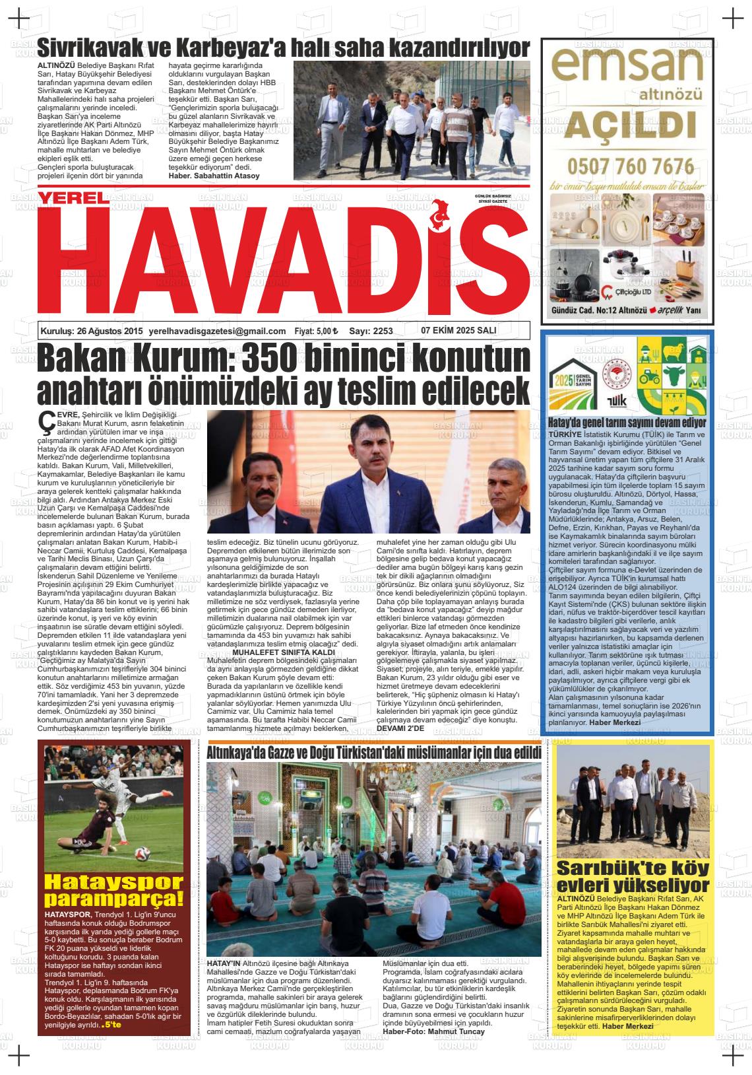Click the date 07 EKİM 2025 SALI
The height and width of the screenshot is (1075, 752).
(x=458, y=330)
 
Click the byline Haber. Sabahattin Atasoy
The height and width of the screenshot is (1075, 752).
(x=214, y=176)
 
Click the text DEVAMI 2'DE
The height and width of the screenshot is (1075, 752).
(x=396, y=728)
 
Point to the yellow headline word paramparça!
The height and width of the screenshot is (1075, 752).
(x=113, y=899)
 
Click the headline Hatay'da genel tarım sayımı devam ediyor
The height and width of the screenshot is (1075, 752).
(x=627, y=423)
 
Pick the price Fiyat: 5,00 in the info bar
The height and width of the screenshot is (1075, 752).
(x=315, y=331)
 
